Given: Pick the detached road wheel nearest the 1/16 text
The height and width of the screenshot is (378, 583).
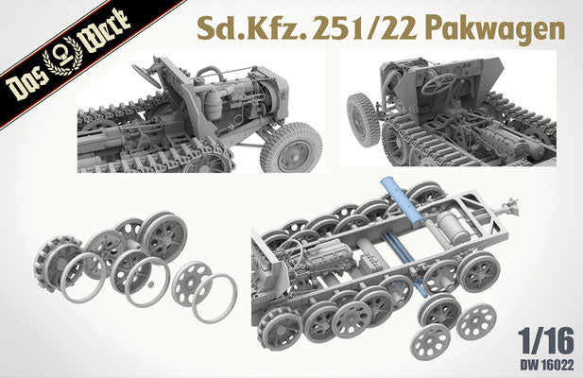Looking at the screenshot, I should coord(475,321).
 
